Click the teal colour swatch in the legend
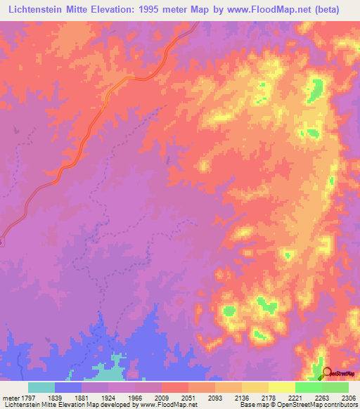tap(41, 387)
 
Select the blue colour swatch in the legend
tap(68, 387)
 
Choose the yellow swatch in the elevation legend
tap(281, 387)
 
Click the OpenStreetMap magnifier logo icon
tap(327, 372)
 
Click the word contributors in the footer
tap(338, 405)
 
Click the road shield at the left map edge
tap(1, 241)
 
